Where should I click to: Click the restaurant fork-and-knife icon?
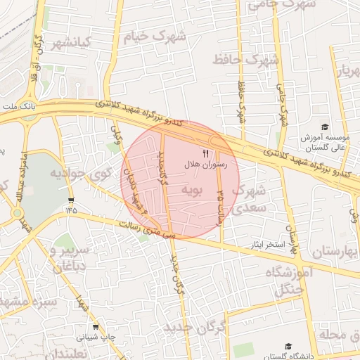(205, 152)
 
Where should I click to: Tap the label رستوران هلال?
(203, 163)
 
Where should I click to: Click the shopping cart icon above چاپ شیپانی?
(96, 327)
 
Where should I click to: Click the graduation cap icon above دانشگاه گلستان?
(288, 347)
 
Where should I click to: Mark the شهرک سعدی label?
(250, 198)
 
